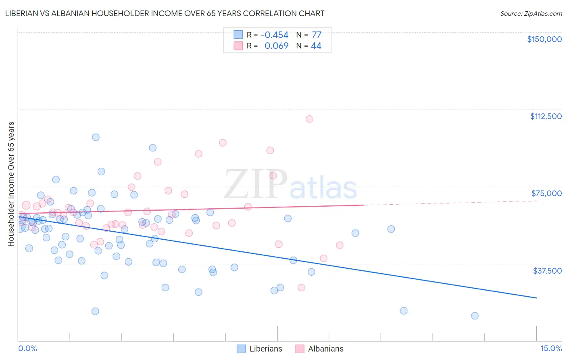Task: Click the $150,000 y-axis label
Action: click(544, 39)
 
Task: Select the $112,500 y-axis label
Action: click(546, 116)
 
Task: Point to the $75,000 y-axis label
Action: click(546, 193)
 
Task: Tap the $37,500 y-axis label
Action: click(547, 271)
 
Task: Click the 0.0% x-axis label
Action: click(27, 349)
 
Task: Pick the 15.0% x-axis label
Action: click(551, 349)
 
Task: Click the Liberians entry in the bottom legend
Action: click(265, 349)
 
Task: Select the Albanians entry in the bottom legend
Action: click(325, 349)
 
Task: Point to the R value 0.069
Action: click(276, 46)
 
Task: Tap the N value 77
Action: click(317, 35)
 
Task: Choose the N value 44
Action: click(316, 46)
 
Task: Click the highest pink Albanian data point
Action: click(309, 119)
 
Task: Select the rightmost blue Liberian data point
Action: click(475, 316)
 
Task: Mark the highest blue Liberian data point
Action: click(96, 137)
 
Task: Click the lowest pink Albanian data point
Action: click(301, 288)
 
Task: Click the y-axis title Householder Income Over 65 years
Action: click(11, 184)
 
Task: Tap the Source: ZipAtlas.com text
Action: click(531, 14)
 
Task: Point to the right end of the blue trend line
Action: click(536, 298)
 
